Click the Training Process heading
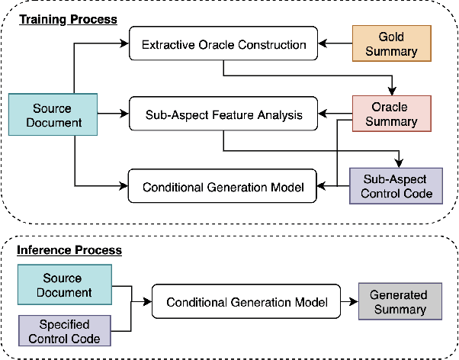68,19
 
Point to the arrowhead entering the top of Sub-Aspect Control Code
397,162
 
